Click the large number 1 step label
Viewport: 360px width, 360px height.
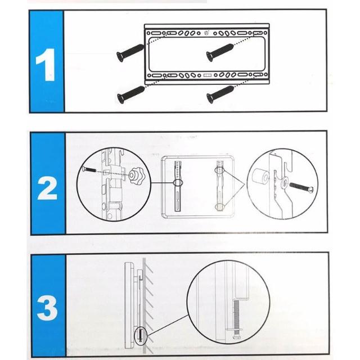pyautogui.click(x=46, y=65)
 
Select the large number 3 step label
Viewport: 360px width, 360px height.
pyautogui.click(x=47, y=308)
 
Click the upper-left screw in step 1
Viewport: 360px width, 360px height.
pyautogui.click(x=130, y=52)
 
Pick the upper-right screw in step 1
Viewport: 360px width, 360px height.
pyautogui.click(x=220, y=52)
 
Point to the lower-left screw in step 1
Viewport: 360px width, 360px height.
pyautogui.click(x=130, y=94)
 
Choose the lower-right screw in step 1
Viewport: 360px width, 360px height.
pyautogui.click(x=220, y=94)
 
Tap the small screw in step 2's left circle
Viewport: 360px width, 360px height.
pyautogui.click(x=90, y=170)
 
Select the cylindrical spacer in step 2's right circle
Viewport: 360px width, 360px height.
pyautogui.click(x=260, y=176)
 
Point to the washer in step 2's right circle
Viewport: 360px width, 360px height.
pyautogui.click(x=284, y=181)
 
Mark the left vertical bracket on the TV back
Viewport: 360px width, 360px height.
pyautogui.click(x=178, y=186)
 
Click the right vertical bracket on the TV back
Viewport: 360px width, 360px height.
pyautogui.click(x=220, y=186)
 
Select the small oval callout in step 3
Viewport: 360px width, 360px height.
pyautogui.click(x=140, y=335)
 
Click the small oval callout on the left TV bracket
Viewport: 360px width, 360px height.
pyautogui.click(x=178, y=183)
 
